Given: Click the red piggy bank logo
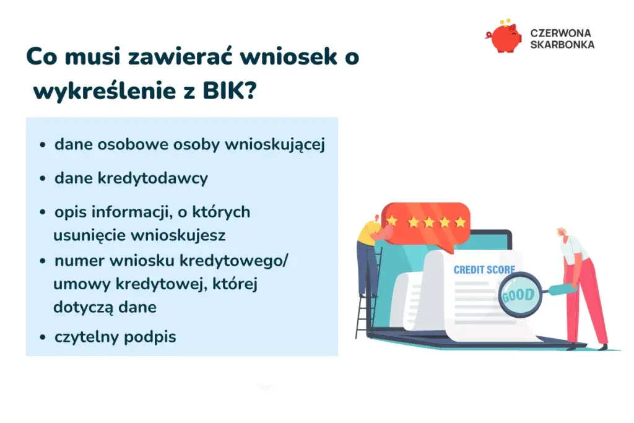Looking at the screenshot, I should point(504,37).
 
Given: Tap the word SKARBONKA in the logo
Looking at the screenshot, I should point(562,45).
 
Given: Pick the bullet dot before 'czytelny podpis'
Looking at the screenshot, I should point(43,338).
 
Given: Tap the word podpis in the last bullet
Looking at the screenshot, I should point(154,338).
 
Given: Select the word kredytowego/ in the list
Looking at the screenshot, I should point(248,261).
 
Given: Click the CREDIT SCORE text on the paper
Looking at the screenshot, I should point(484,269).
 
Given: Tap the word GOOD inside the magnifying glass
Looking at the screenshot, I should point(518,294).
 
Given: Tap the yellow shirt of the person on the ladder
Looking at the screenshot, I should point(369,233).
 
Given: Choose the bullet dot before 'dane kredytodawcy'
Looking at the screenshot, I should point(43,179).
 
